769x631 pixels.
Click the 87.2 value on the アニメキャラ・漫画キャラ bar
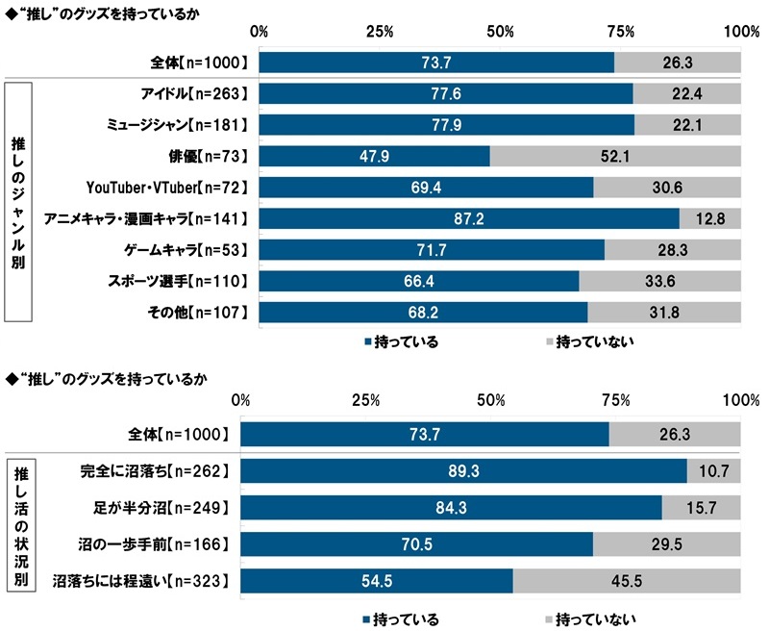(469, 219)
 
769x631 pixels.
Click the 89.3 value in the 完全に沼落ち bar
(464, 471)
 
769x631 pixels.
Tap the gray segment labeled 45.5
(627, 581)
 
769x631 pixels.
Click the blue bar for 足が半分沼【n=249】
(451, 508)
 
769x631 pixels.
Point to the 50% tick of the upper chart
(500, 32)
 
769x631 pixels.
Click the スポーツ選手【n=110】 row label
(180, 281)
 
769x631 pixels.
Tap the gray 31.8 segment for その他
(664, 313)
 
